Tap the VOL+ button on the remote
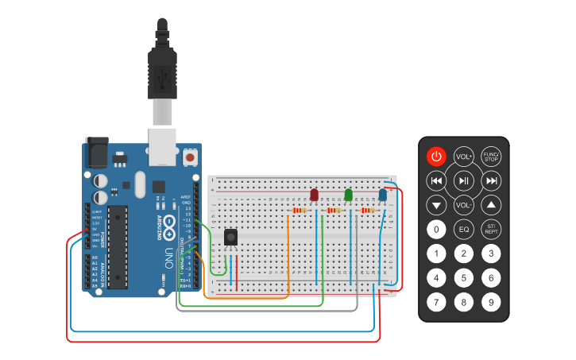coord(464,157)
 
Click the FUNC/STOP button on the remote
coord(492,157)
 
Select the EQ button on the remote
coord(464,230)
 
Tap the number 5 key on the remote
coord(464,278)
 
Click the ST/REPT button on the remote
coord(492,230)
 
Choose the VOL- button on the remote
coord(464,205)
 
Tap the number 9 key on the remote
coord(492,302)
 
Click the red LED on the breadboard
coord(314,195)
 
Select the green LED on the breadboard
coord(348,195)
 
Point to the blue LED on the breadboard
coord(382,195)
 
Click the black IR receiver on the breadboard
coord(231,238)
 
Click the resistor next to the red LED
coord(300,211)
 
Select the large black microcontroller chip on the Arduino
coord(118,246)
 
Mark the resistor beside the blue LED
coord(368,211)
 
